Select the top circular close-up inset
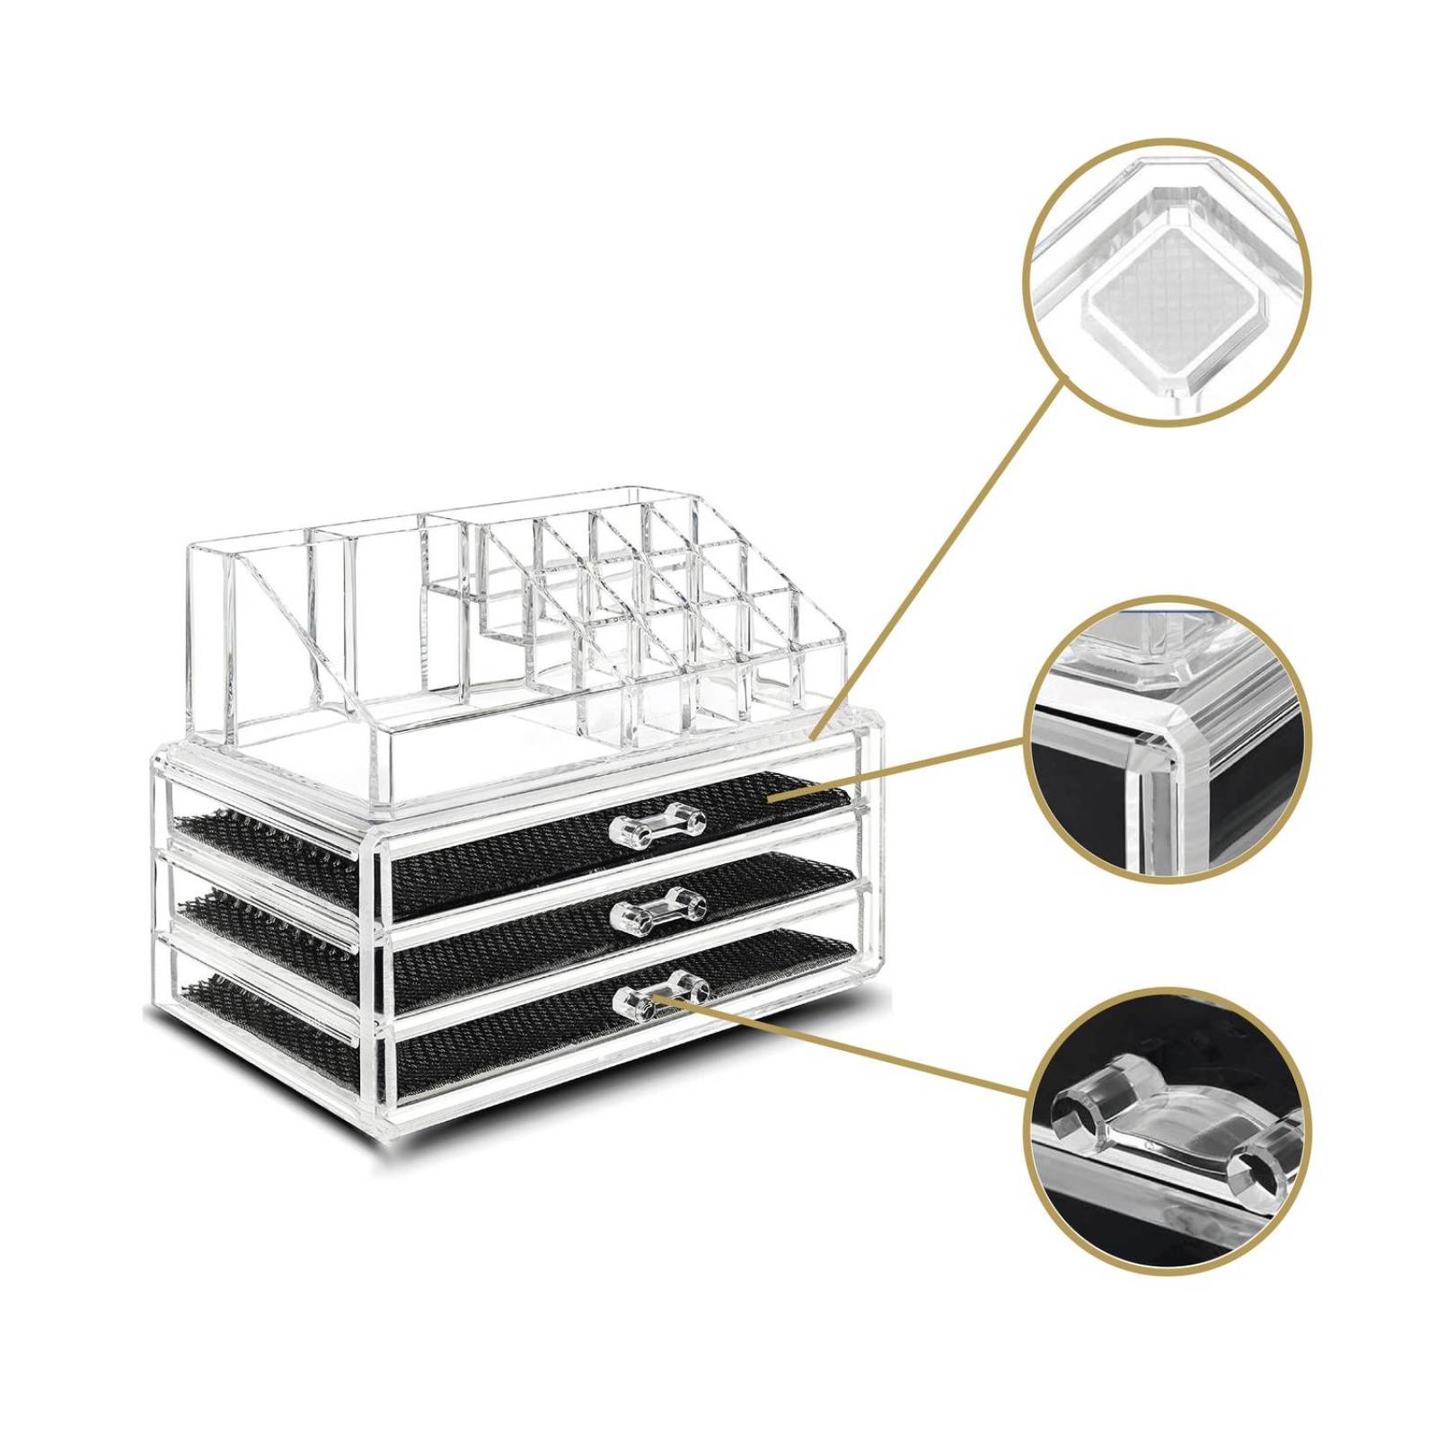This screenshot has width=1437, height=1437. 1166,282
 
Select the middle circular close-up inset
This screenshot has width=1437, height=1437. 1166,739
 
